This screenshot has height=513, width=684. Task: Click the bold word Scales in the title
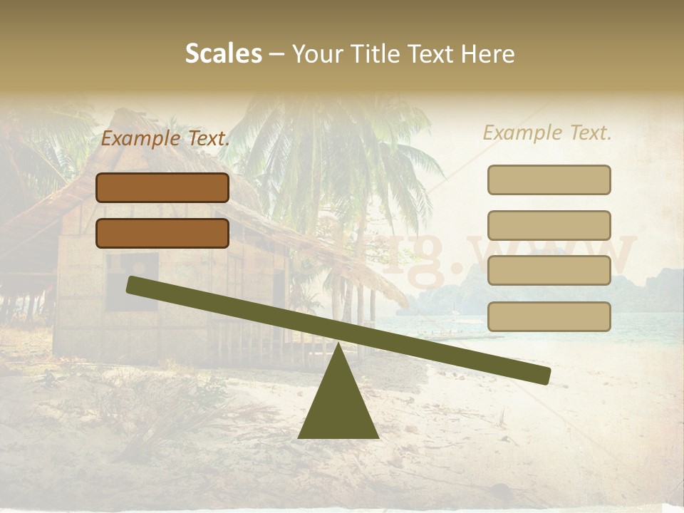[x=224, y=53]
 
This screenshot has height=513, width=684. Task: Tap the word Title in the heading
[x=375, y=53]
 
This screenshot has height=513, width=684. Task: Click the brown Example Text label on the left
[x=165, y=139]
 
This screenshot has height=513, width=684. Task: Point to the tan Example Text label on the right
[x=547, y=133]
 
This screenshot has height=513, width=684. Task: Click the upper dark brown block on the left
[x=162, y=187]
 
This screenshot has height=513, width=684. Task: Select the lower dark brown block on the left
[x=162, y=233]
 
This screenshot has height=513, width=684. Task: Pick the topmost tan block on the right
[x=549, y=180]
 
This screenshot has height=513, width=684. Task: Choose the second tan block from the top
[x=549, y=225]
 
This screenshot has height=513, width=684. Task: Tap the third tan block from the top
[x=549, y=271]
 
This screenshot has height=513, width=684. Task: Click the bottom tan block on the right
[x=549, y=316]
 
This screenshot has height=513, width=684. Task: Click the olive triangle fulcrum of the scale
[x=338, y=406]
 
